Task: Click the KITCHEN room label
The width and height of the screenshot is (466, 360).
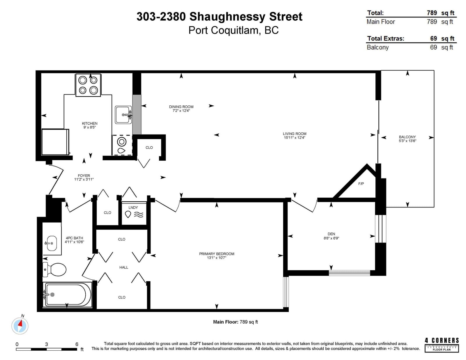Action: point(90,123)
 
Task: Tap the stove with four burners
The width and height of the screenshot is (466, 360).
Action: point(88,85)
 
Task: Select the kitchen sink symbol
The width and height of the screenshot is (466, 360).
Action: point(123,115)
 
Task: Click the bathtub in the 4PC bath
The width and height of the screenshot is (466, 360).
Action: point(67,295)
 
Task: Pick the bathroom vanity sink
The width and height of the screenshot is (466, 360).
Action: point(52,243)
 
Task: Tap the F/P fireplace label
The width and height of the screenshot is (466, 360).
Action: point(361,184)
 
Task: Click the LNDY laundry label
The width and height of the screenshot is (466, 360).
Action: point(133,208)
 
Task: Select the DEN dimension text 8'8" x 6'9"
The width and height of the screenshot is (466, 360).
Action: point(331,238)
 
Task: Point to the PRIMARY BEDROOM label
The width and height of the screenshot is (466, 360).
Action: point(217,254)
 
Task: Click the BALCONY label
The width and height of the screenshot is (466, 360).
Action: point(407,137)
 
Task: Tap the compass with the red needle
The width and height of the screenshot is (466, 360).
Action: point(20,326)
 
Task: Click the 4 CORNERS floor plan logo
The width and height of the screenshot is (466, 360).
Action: point(442,345)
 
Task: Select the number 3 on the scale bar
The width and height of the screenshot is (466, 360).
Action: point(47,344)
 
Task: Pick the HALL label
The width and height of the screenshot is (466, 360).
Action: point(124,267)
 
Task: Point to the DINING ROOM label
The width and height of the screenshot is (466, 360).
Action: point(181,107)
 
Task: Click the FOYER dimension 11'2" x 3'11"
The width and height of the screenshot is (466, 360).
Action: point(84,180)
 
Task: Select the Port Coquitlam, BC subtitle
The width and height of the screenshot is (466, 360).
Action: point(234,30)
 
